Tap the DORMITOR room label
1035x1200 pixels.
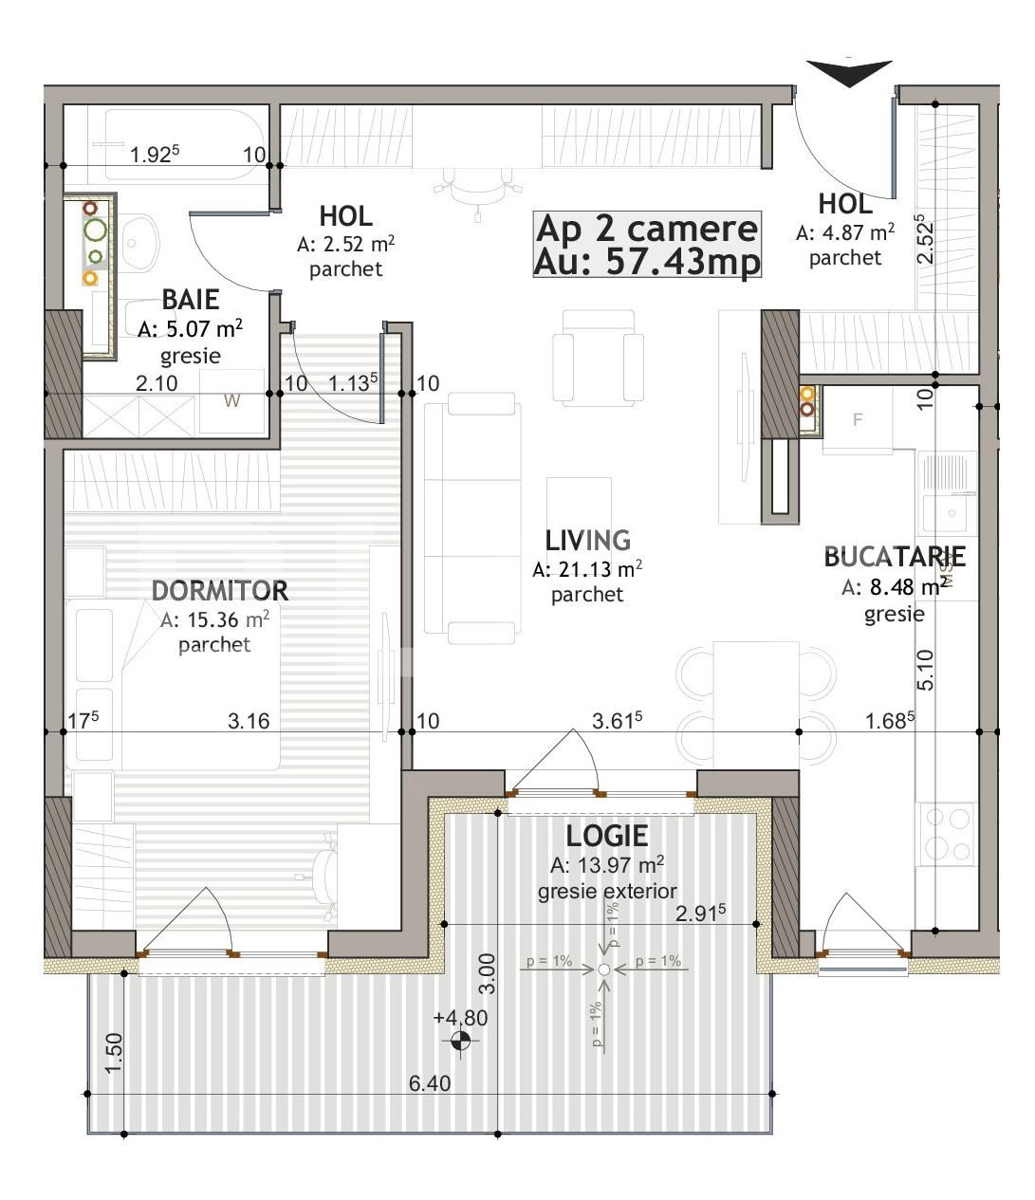pyautogui.click(x=219, y=590)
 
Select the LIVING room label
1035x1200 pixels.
pyautogui.click(x=587, y=540)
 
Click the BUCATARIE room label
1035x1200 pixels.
pyautogui.click(x=894, y=557)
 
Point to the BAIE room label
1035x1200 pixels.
pyautogui.click(x=190, y=300)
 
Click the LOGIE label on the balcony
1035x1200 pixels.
pyautogui.click(x=607, y=836)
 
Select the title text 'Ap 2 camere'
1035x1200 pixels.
pyautogui.click(x=647, y=229)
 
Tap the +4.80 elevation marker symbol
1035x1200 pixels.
pyautogui.click(x=461, y=1042)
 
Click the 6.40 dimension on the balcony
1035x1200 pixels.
pyautogui.click(x=430, y=1083)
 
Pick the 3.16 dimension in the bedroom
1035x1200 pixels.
pyautogui.click(x=249, y=721)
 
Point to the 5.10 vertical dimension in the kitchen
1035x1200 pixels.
pyautogui.click(x=926, y=669)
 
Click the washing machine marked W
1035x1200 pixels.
pyautogui.click(x=231, y=401)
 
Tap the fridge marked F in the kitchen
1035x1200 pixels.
pyautogui.click(x=858, y=419)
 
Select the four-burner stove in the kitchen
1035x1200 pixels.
pyautogui.click(x=947, y=834)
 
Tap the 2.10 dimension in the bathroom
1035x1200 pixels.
pyautogui.click(x=157, y=382)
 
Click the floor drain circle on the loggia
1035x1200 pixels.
pyautogui.click(x=603, y=969)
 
